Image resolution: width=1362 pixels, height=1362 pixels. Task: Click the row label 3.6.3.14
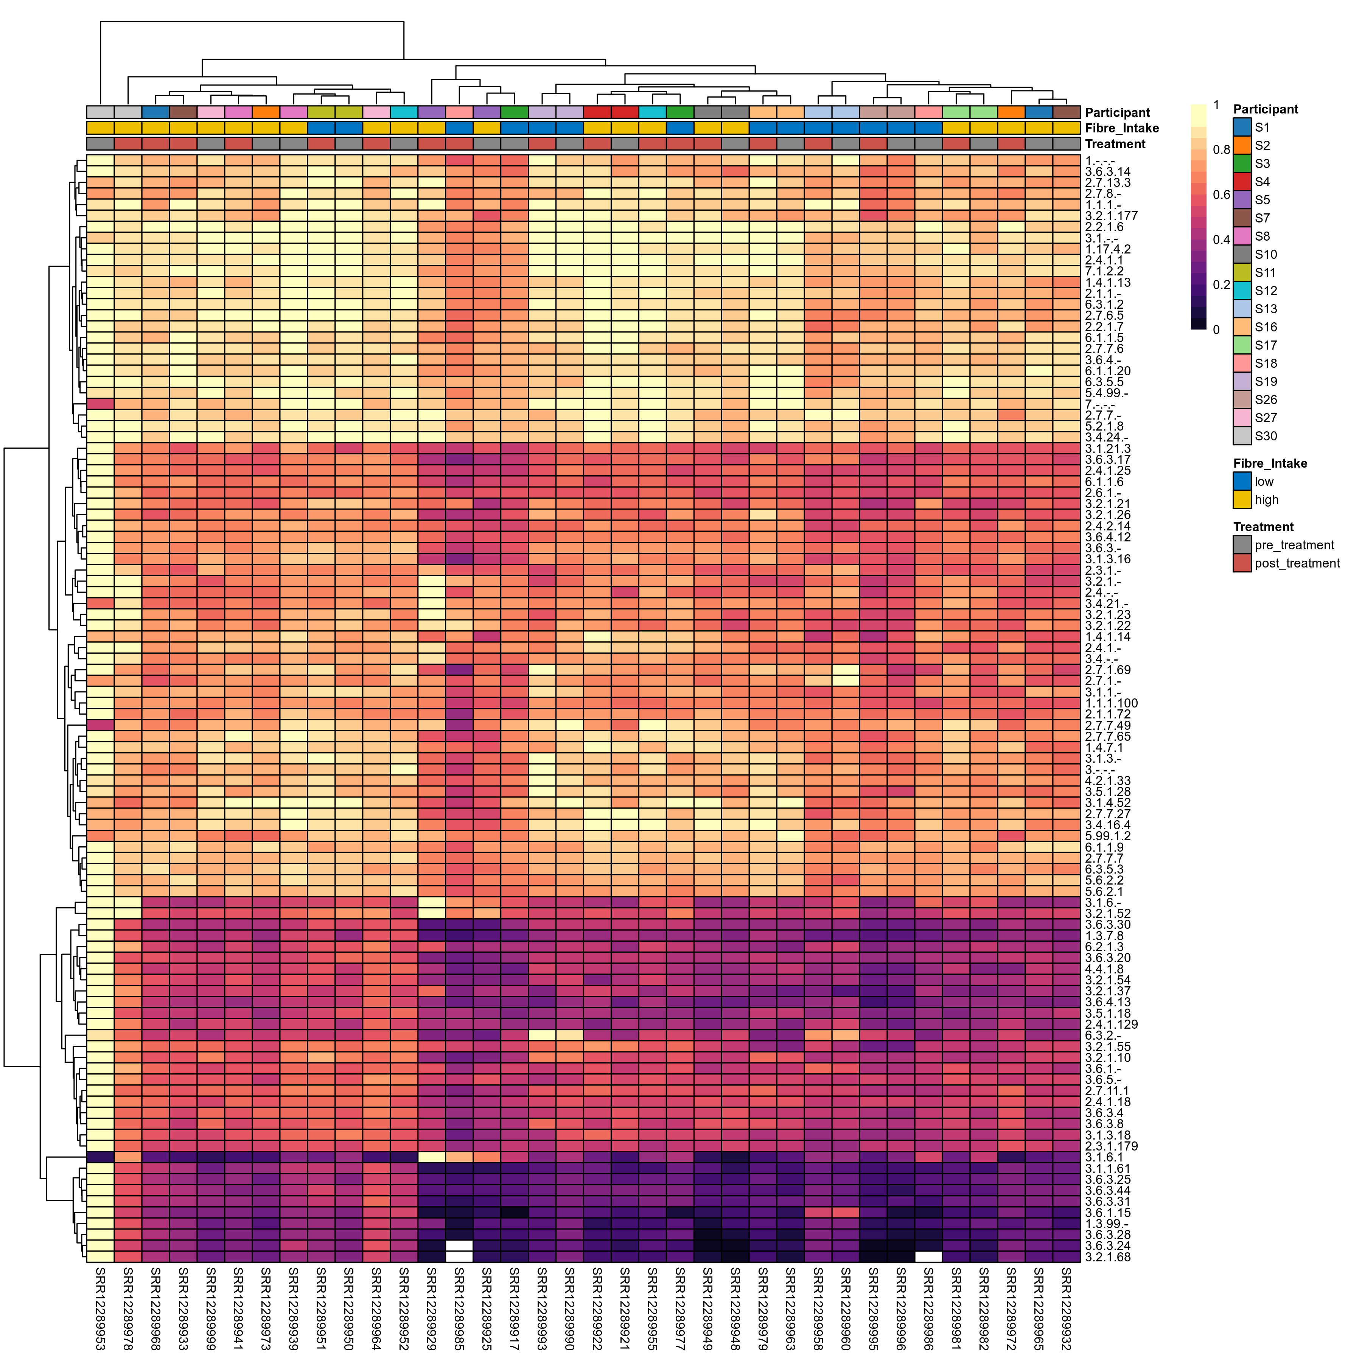(x=1107, y=171)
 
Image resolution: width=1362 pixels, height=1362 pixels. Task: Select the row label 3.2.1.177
(x=1111, y=216)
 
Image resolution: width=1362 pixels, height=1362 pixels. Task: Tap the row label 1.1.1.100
(x=1111, y=703)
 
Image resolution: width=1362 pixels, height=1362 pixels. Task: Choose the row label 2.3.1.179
(x=1111, y=1146)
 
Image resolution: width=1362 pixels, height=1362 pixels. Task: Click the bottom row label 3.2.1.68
(x=1107, y=1257)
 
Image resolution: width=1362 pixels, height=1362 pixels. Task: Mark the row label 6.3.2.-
(x=1102, y=1035)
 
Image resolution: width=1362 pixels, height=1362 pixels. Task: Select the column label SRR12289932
(x=1067, y=1308)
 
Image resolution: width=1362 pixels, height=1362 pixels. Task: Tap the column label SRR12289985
(x=459, y=1308)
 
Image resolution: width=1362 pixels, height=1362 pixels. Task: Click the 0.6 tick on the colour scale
(x=1221, y=194)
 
